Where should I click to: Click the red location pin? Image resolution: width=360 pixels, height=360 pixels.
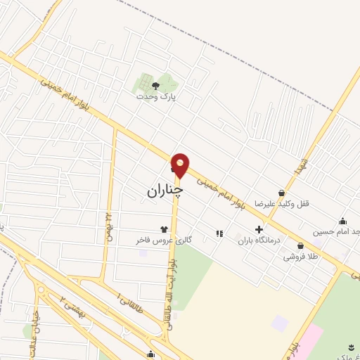click(180, 165)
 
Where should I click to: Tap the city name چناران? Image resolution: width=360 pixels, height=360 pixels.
click(165, 191)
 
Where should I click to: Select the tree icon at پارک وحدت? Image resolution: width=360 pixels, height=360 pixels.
click(155, 86)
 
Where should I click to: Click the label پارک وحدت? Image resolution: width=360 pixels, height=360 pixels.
click(156, 98)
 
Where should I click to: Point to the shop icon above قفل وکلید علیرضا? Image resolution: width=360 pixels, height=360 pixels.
click(282, 192)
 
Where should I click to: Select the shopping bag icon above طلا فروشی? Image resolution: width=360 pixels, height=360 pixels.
click(301, 246)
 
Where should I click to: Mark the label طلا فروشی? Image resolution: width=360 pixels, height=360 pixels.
click(301, 257)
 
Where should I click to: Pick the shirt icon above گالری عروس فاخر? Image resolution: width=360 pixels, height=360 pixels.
click(165, 229)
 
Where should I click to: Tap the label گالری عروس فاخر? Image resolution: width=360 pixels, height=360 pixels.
click(164, 240)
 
